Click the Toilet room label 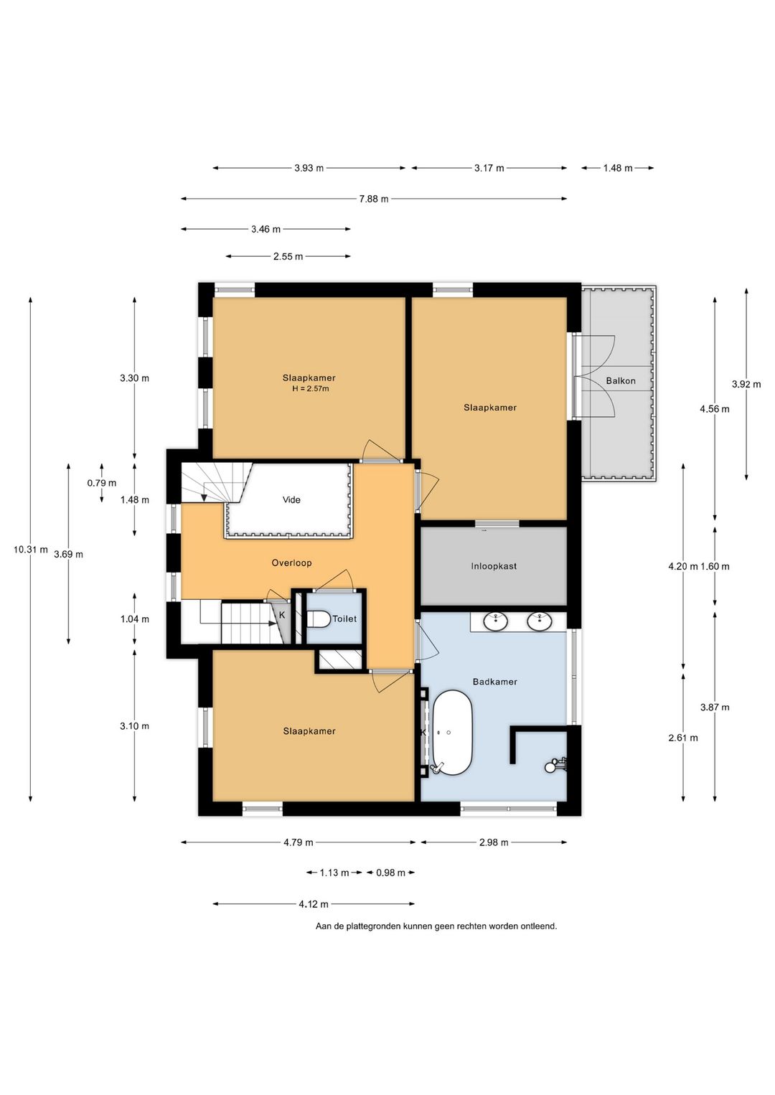[x=344, y=619]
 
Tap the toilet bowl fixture [x=317, y=619]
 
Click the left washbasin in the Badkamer [x=497, y=622]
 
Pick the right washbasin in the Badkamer [x=540, y=622]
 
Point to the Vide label [x=291, y=499]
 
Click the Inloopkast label [x=494, y=566]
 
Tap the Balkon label [x=621, y=380]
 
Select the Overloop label [x=291, y=563]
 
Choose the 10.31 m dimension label [x=31, y=550]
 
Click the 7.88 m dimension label [x=374, y=199]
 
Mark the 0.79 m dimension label [x=102, y=483]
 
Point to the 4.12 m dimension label [x=314, y=904]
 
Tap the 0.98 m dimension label [x=390, y=873]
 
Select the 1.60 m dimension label [x=715, y=567]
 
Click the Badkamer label [x=495, y=682]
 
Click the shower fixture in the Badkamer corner [x=556, y=764]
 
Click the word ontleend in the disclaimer [x=540, y=926]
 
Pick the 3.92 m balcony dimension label [x=746, y=384]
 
